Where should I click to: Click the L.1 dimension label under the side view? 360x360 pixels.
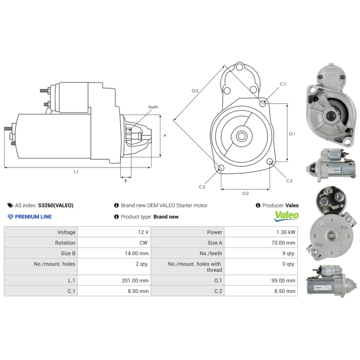tap(76, 171)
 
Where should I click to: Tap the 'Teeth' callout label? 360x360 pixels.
tap(153, 107)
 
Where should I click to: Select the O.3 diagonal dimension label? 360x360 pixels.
tap(195, 91)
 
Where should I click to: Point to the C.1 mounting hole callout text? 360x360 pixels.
tap(283, 84)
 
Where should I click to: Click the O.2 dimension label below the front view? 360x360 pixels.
tap(245, 193)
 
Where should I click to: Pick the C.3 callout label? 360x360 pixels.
tap(202, 187)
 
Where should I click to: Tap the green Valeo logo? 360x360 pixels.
tap(287, 215)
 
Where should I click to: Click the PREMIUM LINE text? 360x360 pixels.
tap(33, 217)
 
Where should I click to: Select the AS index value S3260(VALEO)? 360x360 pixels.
tap(55, 206)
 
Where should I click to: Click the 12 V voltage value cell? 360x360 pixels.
tap(144, 232)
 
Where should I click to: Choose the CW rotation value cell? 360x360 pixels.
tap(144, 243)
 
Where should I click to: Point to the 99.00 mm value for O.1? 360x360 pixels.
tap(284, 280)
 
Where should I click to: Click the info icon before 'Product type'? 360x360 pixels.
tap(117, 217)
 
